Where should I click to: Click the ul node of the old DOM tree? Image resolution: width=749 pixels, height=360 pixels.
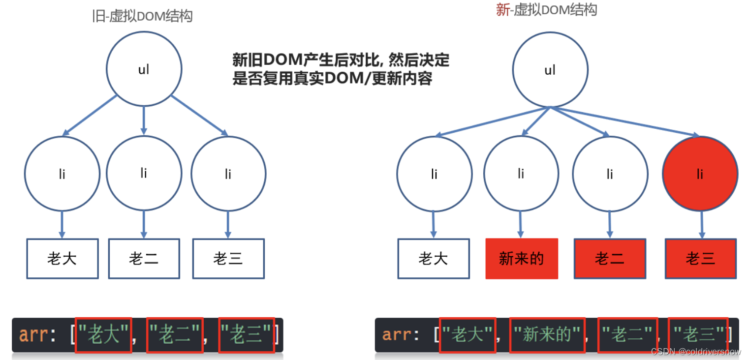click(144, 69)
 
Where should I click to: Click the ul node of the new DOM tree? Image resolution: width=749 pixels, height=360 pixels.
click(550, 70)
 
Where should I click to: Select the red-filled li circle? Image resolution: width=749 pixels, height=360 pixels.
click(700, 174)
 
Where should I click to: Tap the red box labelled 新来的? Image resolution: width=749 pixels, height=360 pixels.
click(522, 259)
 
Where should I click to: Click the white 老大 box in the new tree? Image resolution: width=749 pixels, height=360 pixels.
click(434, 259)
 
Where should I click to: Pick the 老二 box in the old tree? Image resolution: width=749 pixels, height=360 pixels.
click(144, 259)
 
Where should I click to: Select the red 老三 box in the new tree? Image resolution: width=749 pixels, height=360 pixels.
click(700, 259)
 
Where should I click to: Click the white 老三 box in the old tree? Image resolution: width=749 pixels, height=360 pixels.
click(228, 259)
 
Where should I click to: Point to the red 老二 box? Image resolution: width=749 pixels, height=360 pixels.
click(609, 259)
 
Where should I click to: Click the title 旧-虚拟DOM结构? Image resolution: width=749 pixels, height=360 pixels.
click(142, 16)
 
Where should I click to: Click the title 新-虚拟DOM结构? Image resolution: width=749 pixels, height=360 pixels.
click(546, 10)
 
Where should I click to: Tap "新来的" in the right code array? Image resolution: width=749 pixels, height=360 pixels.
click(547, 335)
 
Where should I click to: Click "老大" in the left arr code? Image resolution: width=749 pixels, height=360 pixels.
click(103, 335)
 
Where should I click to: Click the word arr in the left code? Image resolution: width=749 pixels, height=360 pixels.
click(33, 335)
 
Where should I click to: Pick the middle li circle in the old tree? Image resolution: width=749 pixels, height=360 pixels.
click(144, 174)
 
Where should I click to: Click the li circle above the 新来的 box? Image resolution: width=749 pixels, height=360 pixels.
click(521, 174)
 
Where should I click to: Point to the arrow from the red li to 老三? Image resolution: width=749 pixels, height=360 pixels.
click(701, 224)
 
